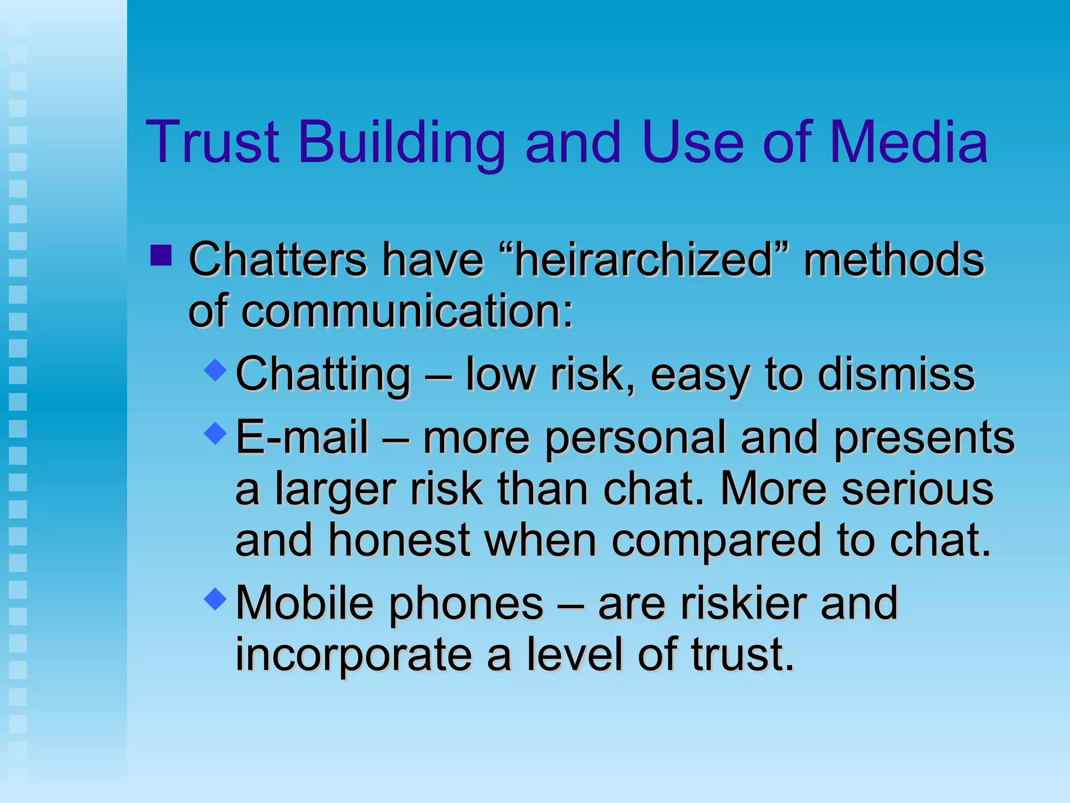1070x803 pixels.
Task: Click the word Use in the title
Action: coord(693,142)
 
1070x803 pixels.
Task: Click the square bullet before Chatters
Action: coord(161,256)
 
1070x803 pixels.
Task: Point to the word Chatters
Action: coord(277,259)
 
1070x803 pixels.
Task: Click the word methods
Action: coord(894,259)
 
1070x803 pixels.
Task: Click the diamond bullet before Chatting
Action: coord(215,370)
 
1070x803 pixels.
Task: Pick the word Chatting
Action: coord(323,374)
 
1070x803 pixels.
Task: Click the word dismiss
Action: coord(896,374)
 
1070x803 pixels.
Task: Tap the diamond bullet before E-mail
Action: coord(215,433)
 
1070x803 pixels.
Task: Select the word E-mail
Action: coord(302,437)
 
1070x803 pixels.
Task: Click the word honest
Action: coord(399,540)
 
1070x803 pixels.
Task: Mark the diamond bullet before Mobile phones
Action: coord(215,598)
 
